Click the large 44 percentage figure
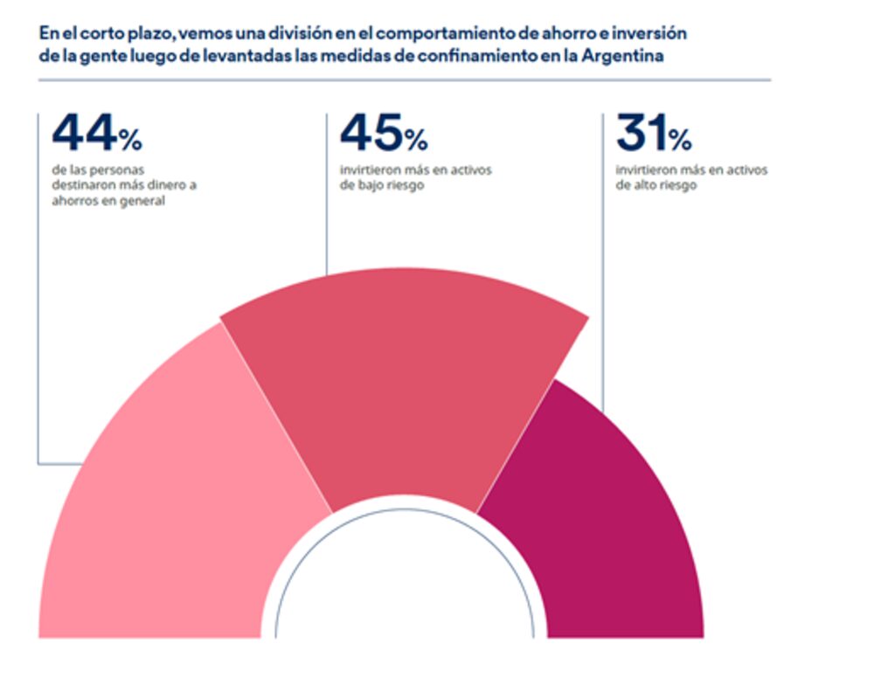[84, 134]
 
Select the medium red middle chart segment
[402, 384]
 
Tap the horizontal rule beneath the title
[402, 80]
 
